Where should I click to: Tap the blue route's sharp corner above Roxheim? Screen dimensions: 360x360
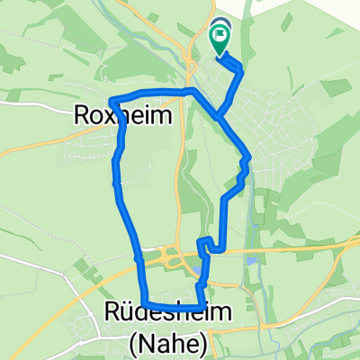tap(111, 100)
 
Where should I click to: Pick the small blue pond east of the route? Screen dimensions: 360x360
tap(252, 261)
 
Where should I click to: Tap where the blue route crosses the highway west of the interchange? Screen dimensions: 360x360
tap(137, 258)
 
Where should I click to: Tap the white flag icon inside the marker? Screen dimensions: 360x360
tap(220, 37)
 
